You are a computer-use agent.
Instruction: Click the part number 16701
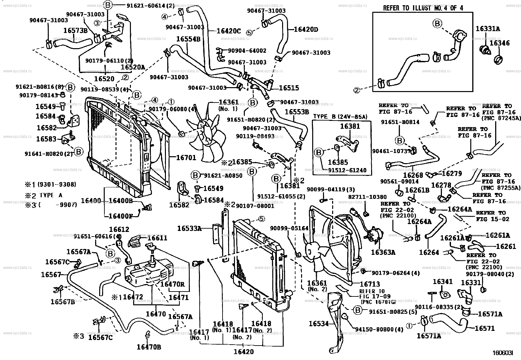[x=186, y=158]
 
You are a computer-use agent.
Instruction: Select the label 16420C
[x=228, y=31]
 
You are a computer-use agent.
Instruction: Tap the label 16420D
[x=306, y=29]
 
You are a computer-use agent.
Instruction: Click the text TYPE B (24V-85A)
[x=340, y=116]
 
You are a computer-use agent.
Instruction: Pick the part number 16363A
[x=383, y=252]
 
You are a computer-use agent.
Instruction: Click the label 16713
[x=370, y=284]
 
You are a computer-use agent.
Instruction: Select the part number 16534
[x=318, y=324]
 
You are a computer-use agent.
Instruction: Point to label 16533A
[x=189, y=228]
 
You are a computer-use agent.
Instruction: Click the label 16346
[x=499, y=43]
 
